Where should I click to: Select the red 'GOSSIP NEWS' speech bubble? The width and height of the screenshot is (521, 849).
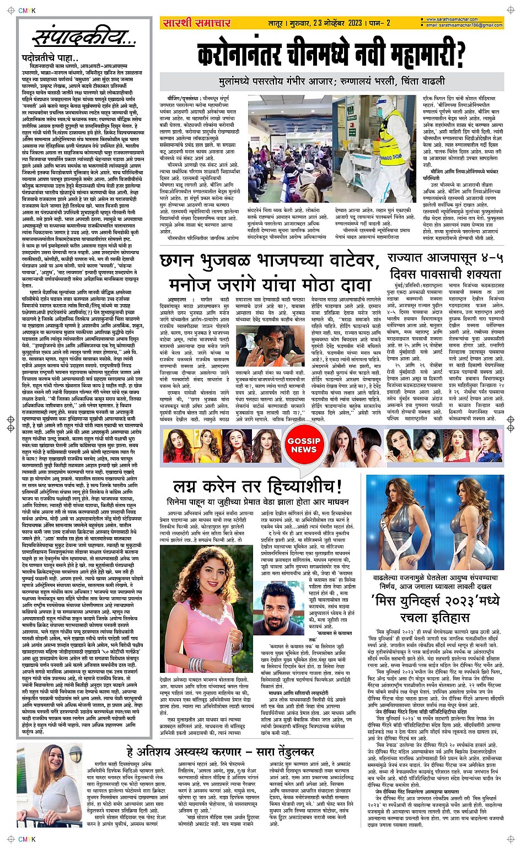304,445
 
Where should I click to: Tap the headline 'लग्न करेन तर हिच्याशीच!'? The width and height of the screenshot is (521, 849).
257,486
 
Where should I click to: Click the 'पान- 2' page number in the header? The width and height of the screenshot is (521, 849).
380,23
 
